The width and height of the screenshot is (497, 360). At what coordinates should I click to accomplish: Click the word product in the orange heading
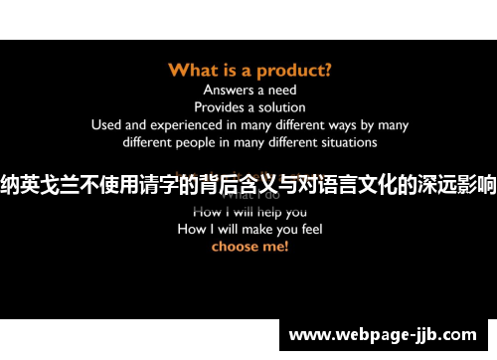(x=295, y=71)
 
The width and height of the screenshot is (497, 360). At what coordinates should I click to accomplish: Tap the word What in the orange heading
(x=194, y=70)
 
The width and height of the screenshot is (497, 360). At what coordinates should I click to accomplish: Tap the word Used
(x=106, y=124)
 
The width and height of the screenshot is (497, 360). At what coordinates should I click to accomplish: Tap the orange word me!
(x=275, y=246)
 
